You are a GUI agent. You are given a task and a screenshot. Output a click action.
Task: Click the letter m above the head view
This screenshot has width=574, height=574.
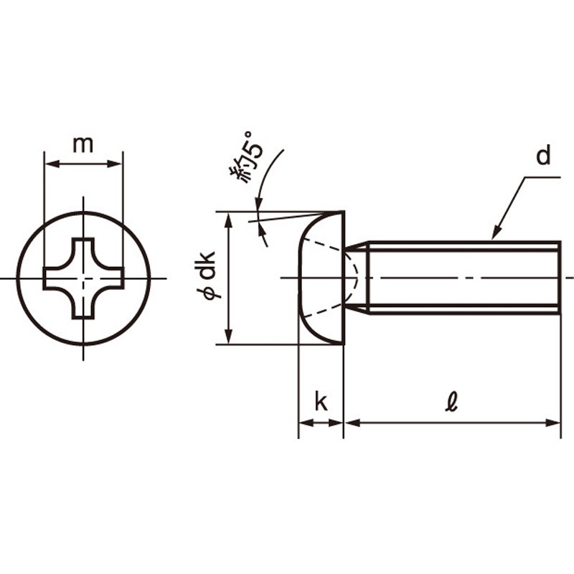coord(83,144)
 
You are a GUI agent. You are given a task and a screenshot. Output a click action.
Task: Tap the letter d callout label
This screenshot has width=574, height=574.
coord(544,156)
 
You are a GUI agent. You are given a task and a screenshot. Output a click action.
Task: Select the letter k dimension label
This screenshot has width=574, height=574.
coord(321,403)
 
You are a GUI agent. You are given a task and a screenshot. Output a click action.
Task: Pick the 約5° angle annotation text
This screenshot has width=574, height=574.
coord(244,157)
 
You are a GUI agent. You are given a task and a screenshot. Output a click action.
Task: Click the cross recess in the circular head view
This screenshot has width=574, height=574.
coord(84,278)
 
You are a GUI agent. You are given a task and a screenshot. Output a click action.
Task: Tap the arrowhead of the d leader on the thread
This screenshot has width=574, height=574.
coord(494,235)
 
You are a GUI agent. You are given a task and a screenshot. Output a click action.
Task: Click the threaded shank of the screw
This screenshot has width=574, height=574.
coord(459,278)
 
